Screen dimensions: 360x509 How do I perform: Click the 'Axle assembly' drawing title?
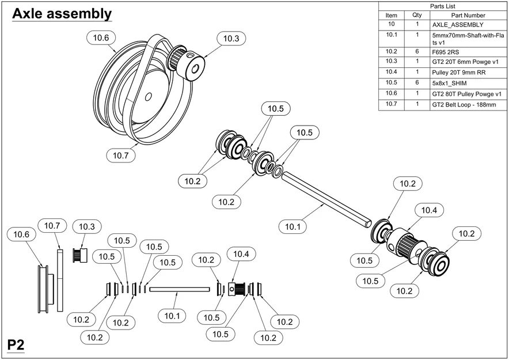(x=62, y=14)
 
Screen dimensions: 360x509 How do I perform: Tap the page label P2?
(x=16, y=345)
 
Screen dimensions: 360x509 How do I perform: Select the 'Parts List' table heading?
(x=443, y=6)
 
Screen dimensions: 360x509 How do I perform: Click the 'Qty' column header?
(x=417, y=16)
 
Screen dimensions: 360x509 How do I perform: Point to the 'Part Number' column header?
(x=468, y=16)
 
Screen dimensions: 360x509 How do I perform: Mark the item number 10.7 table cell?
(x=392, y=105)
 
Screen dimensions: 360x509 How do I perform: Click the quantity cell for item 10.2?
(x=417, y=51)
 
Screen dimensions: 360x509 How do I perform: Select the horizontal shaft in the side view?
(x=178, y=289)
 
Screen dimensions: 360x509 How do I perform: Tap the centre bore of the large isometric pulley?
(x=149, y=96)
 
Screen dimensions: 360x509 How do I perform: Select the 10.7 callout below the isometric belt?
(x=121, y=155)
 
